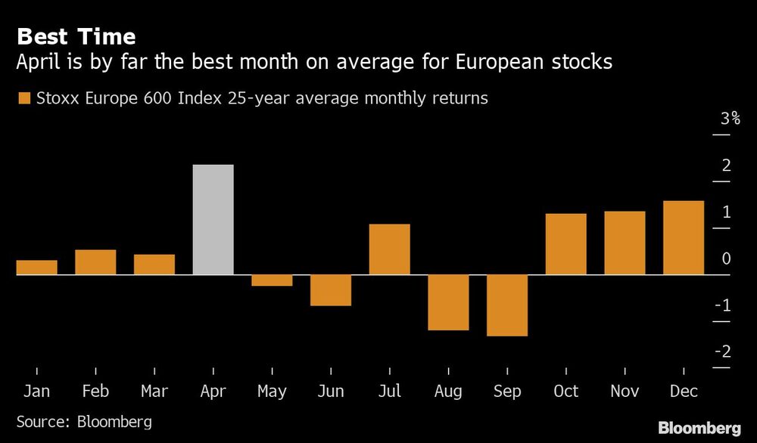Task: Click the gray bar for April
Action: [x=213, y=219]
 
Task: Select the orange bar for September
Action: [x=507, y=305]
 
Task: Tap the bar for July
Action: [x=390, y=249]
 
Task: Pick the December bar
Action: [x=684, y=237]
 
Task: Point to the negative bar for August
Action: [x=448, y=302]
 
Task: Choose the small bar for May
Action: [x=272, y=280]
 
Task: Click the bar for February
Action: [x=95, y=262]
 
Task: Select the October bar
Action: [x=566, y=243]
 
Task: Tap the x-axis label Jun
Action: [x=331, y=392]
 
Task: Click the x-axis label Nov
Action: [x=625, y=392]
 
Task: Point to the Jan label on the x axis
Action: [x=36, y=392]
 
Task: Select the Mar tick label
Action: [x=154, y=392]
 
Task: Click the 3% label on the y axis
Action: [x=730, y=119]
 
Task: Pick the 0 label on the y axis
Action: [x=726, y=259]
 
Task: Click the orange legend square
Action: [x=23, y=98]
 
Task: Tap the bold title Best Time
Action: [x=76, y=36]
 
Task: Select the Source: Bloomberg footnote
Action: [x=84, y=421]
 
